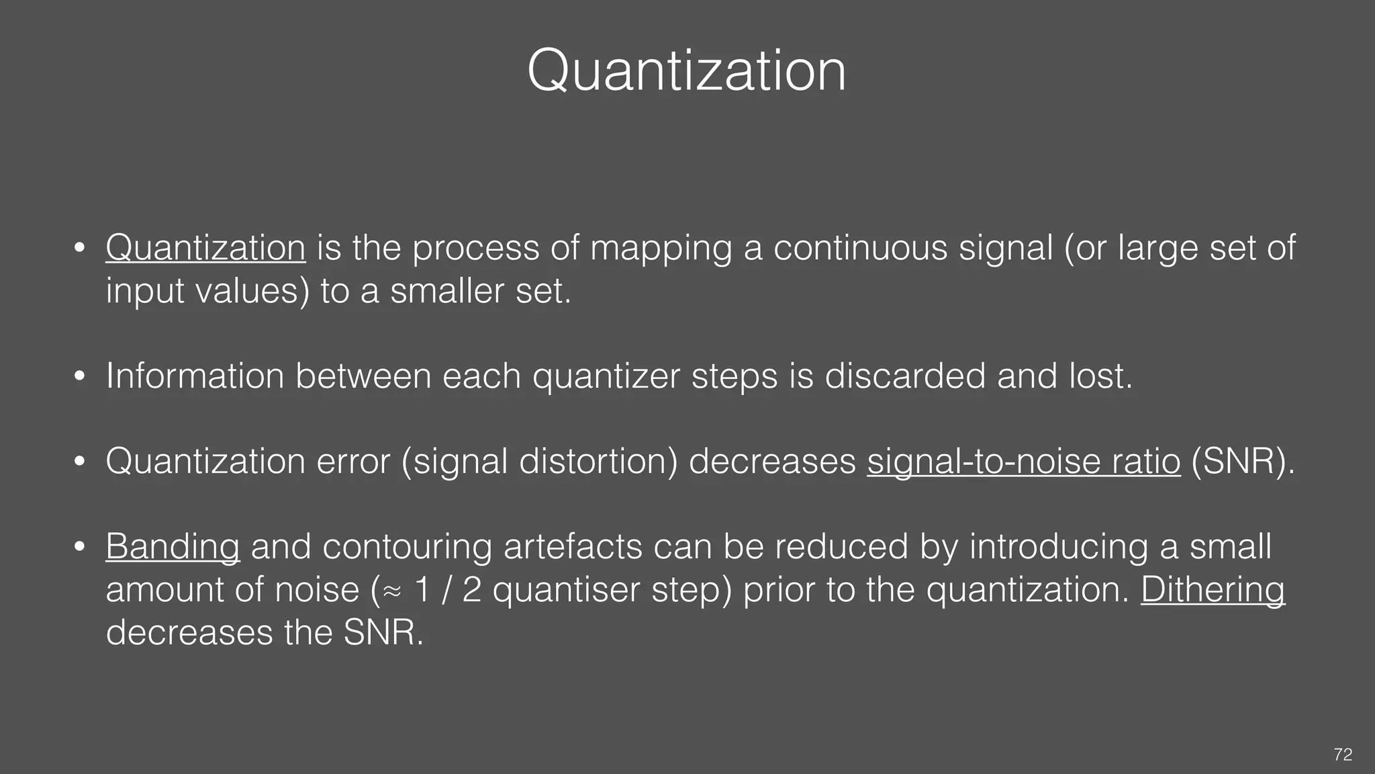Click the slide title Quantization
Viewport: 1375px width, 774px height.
[x=686, y=71]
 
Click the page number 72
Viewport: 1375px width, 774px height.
[x=1343, y=755]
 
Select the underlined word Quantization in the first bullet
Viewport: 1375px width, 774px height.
[x=205, y=248]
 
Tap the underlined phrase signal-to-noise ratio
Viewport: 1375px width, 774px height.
[x=1023, y=462]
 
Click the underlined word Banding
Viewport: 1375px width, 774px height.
[x=173, y=546]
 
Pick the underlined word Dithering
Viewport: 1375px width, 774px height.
[x=1213, y=589]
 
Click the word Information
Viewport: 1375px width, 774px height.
[x=195, y=376]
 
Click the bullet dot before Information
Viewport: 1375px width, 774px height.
[x=79, y=377]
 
